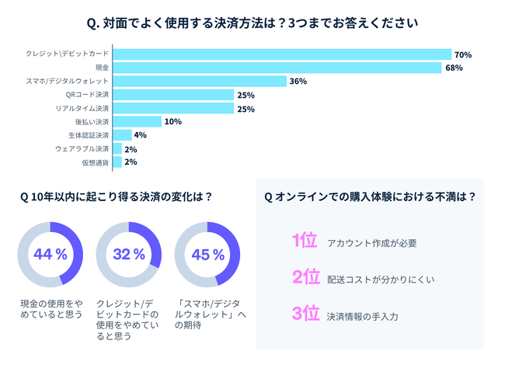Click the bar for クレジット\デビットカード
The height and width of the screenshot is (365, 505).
[282, 54]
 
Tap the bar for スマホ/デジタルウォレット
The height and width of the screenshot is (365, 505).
[199, 81]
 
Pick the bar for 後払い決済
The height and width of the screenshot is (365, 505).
[137, 121]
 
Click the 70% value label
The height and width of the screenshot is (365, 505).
[463, 55]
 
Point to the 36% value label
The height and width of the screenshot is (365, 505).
[298, 82]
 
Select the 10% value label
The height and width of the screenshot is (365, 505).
[172, 122]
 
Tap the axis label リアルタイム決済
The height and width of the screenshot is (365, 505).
[82, 108]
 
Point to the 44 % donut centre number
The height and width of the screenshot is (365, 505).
[50, 254]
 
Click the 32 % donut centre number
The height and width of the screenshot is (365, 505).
[128, 254]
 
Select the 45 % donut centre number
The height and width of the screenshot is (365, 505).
[207, 254]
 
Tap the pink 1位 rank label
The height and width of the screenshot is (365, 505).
[305, 241]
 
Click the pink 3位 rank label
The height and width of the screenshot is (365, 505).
[305, 314]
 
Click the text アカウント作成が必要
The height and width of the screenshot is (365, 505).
[372, 243]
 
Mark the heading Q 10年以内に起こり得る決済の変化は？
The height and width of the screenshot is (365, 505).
[117, 196]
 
